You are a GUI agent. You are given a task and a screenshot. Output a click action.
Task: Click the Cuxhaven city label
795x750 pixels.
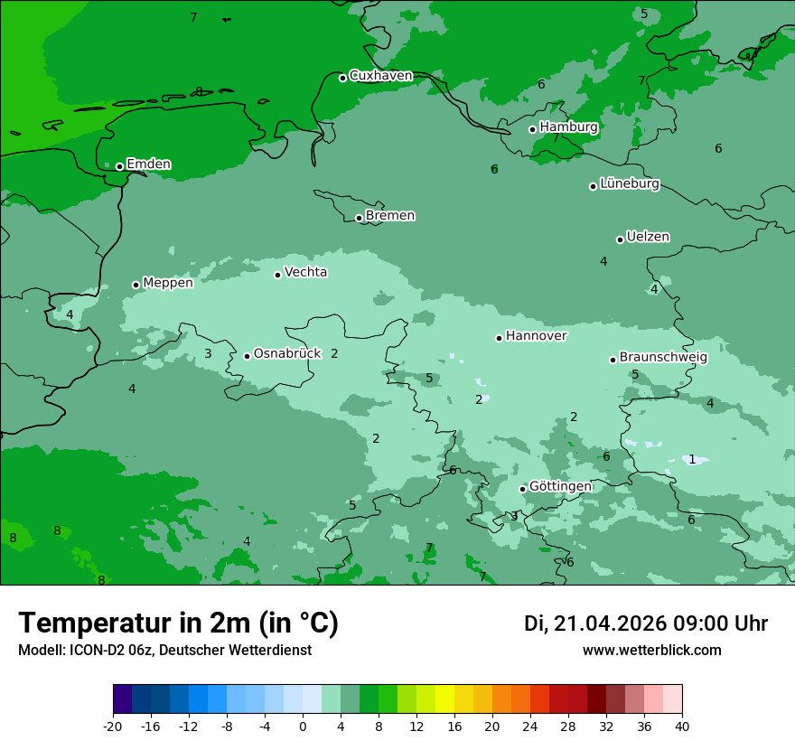point(380,76)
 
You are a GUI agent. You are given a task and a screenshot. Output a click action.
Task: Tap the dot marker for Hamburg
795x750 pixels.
point(533,129)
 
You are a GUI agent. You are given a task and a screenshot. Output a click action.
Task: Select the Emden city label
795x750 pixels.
point(148,164)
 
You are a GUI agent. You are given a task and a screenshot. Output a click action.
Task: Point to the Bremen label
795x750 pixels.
point(390,216)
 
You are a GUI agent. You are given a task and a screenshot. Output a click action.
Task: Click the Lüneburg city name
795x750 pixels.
point(630,184)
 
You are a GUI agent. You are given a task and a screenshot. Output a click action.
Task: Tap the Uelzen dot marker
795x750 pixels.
point(621,239)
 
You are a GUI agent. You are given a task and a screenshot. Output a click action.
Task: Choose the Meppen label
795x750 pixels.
point(168,283)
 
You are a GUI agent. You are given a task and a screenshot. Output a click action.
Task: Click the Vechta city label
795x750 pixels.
point(305,272)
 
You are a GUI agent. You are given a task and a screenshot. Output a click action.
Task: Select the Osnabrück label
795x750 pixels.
point(287,354)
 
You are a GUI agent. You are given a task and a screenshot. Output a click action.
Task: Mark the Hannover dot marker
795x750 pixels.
point(499,338)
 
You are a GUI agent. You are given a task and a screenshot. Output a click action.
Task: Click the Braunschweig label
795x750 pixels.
point(663,358)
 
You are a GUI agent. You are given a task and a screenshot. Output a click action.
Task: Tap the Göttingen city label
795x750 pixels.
point(560,487)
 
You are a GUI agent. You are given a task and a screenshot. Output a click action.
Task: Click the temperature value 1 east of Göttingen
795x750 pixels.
point(692,459)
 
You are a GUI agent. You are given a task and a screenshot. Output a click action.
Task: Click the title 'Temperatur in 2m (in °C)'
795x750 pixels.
point(178,623)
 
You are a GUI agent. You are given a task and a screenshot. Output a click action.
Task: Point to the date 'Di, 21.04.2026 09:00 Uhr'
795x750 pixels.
point(646,623)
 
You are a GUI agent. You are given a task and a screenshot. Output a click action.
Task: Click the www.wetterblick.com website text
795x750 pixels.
point(651,651)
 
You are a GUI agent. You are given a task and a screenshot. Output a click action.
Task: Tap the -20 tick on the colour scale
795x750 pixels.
point(113,726)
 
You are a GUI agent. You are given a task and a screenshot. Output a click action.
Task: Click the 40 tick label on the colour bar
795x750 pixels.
point(682,726)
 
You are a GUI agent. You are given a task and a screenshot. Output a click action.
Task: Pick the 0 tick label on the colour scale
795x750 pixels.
point(303,726)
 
